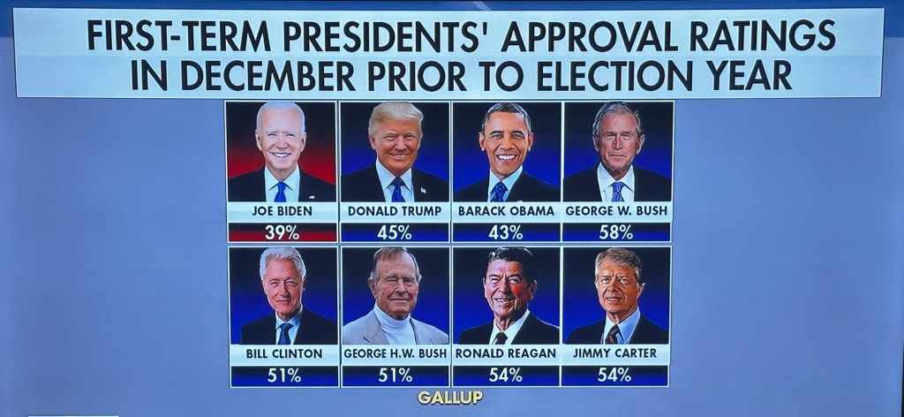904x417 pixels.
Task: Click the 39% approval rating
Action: (282, 233)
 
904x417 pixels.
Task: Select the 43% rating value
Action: (505, 233)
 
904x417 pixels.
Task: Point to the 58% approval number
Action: (615, 233)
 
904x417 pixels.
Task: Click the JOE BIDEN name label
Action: (282, 212)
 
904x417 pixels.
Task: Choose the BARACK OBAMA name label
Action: (506, 212)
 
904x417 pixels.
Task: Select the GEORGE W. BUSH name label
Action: (616, 212)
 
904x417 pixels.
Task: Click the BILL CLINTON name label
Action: (282, 353)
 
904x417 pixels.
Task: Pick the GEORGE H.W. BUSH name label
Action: (394, 353)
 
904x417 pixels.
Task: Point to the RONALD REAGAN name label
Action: (506, 353)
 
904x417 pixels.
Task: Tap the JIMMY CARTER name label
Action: (615, 353)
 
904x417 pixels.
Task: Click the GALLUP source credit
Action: (450, 398)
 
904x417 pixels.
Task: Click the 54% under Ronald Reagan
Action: (505, 375)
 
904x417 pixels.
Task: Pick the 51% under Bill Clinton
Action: (283, 375)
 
